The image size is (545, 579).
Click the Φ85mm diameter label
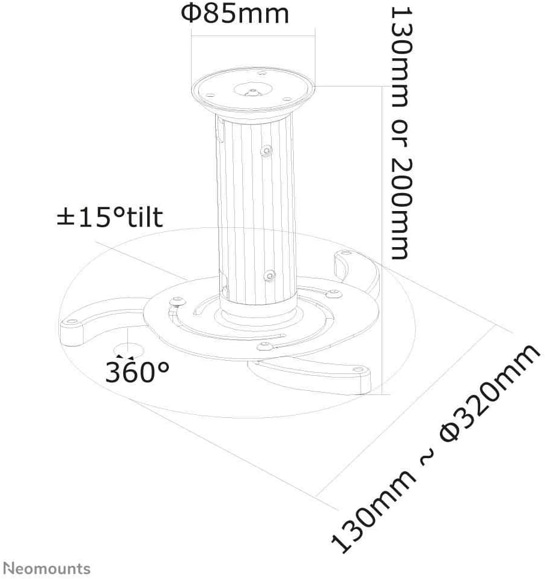(235, 14)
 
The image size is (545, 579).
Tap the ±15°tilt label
(109, 217)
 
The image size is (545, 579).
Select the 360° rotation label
(137, 372)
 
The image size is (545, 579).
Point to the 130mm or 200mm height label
(401, 133)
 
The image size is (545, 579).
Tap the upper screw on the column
(266, 151)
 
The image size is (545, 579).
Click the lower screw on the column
(270, 275)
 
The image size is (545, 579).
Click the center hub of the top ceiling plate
(253, 90)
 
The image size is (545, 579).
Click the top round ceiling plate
(253, 90)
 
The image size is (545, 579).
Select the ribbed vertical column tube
(256, 210)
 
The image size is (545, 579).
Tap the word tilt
(144, 217)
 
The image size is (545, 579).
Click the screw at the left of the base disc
(178, 301)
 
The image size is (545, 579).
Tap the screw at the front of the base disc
(264, 346)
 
